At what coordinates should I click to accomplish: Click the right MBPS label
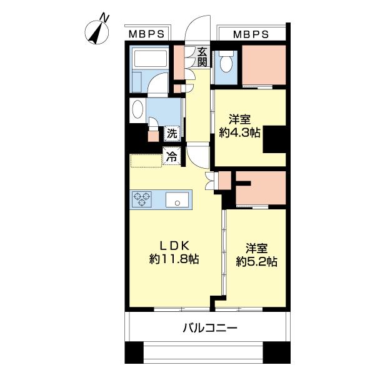251,34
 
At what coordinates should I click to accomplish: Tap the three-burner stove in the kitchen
141,199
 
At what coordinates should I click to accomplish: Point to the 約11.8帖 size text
169,259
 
